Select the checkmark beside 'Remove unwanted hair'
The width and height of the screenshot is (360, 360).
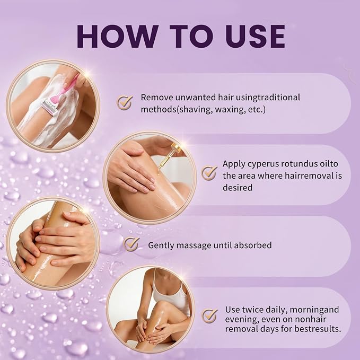point(125,102)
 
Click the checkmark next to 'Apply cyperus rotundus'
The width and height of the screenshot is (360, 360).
point(209,173)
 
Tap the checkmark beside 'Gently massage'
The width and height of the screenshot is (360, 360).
point(131,244)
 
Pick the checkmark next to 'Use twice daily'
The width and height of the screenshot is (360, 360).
point(209,315)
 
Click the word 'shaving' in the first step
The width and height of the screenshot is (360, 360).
point(195,110)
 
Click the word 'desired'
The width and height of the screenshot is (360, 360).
point(238,188)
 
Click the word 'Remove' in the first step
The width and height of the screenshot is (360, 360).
point(157,98)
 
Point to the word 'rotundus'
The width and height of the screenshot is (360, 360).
point(300,164)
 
